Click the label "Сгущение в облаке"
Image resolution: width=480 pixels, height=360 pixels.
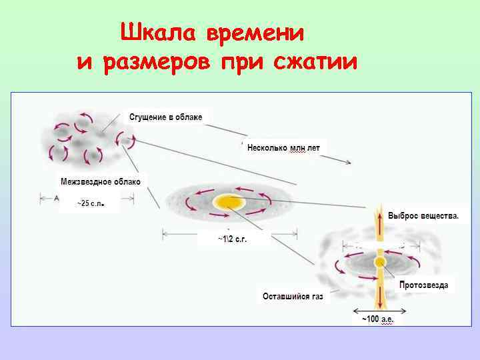[165, 117]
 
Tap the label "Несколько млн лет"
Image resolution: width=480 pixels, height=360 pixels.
[283, 147]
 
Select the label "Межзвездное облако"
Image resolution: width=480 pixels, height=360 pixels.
[101, 181]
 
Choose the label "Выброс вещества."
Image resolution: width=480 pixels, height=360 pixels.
[423, 216]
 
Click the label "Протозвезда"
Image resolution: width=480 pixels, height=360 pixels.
[424, 285]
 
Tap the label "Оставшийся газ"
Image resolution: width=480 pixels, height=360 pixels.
[293, 296]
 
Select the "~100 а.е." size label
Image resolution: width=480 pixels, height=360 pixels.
[378, 319]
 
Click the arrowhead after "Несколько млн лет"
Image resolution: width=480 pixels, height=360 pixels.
[347, 162]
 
